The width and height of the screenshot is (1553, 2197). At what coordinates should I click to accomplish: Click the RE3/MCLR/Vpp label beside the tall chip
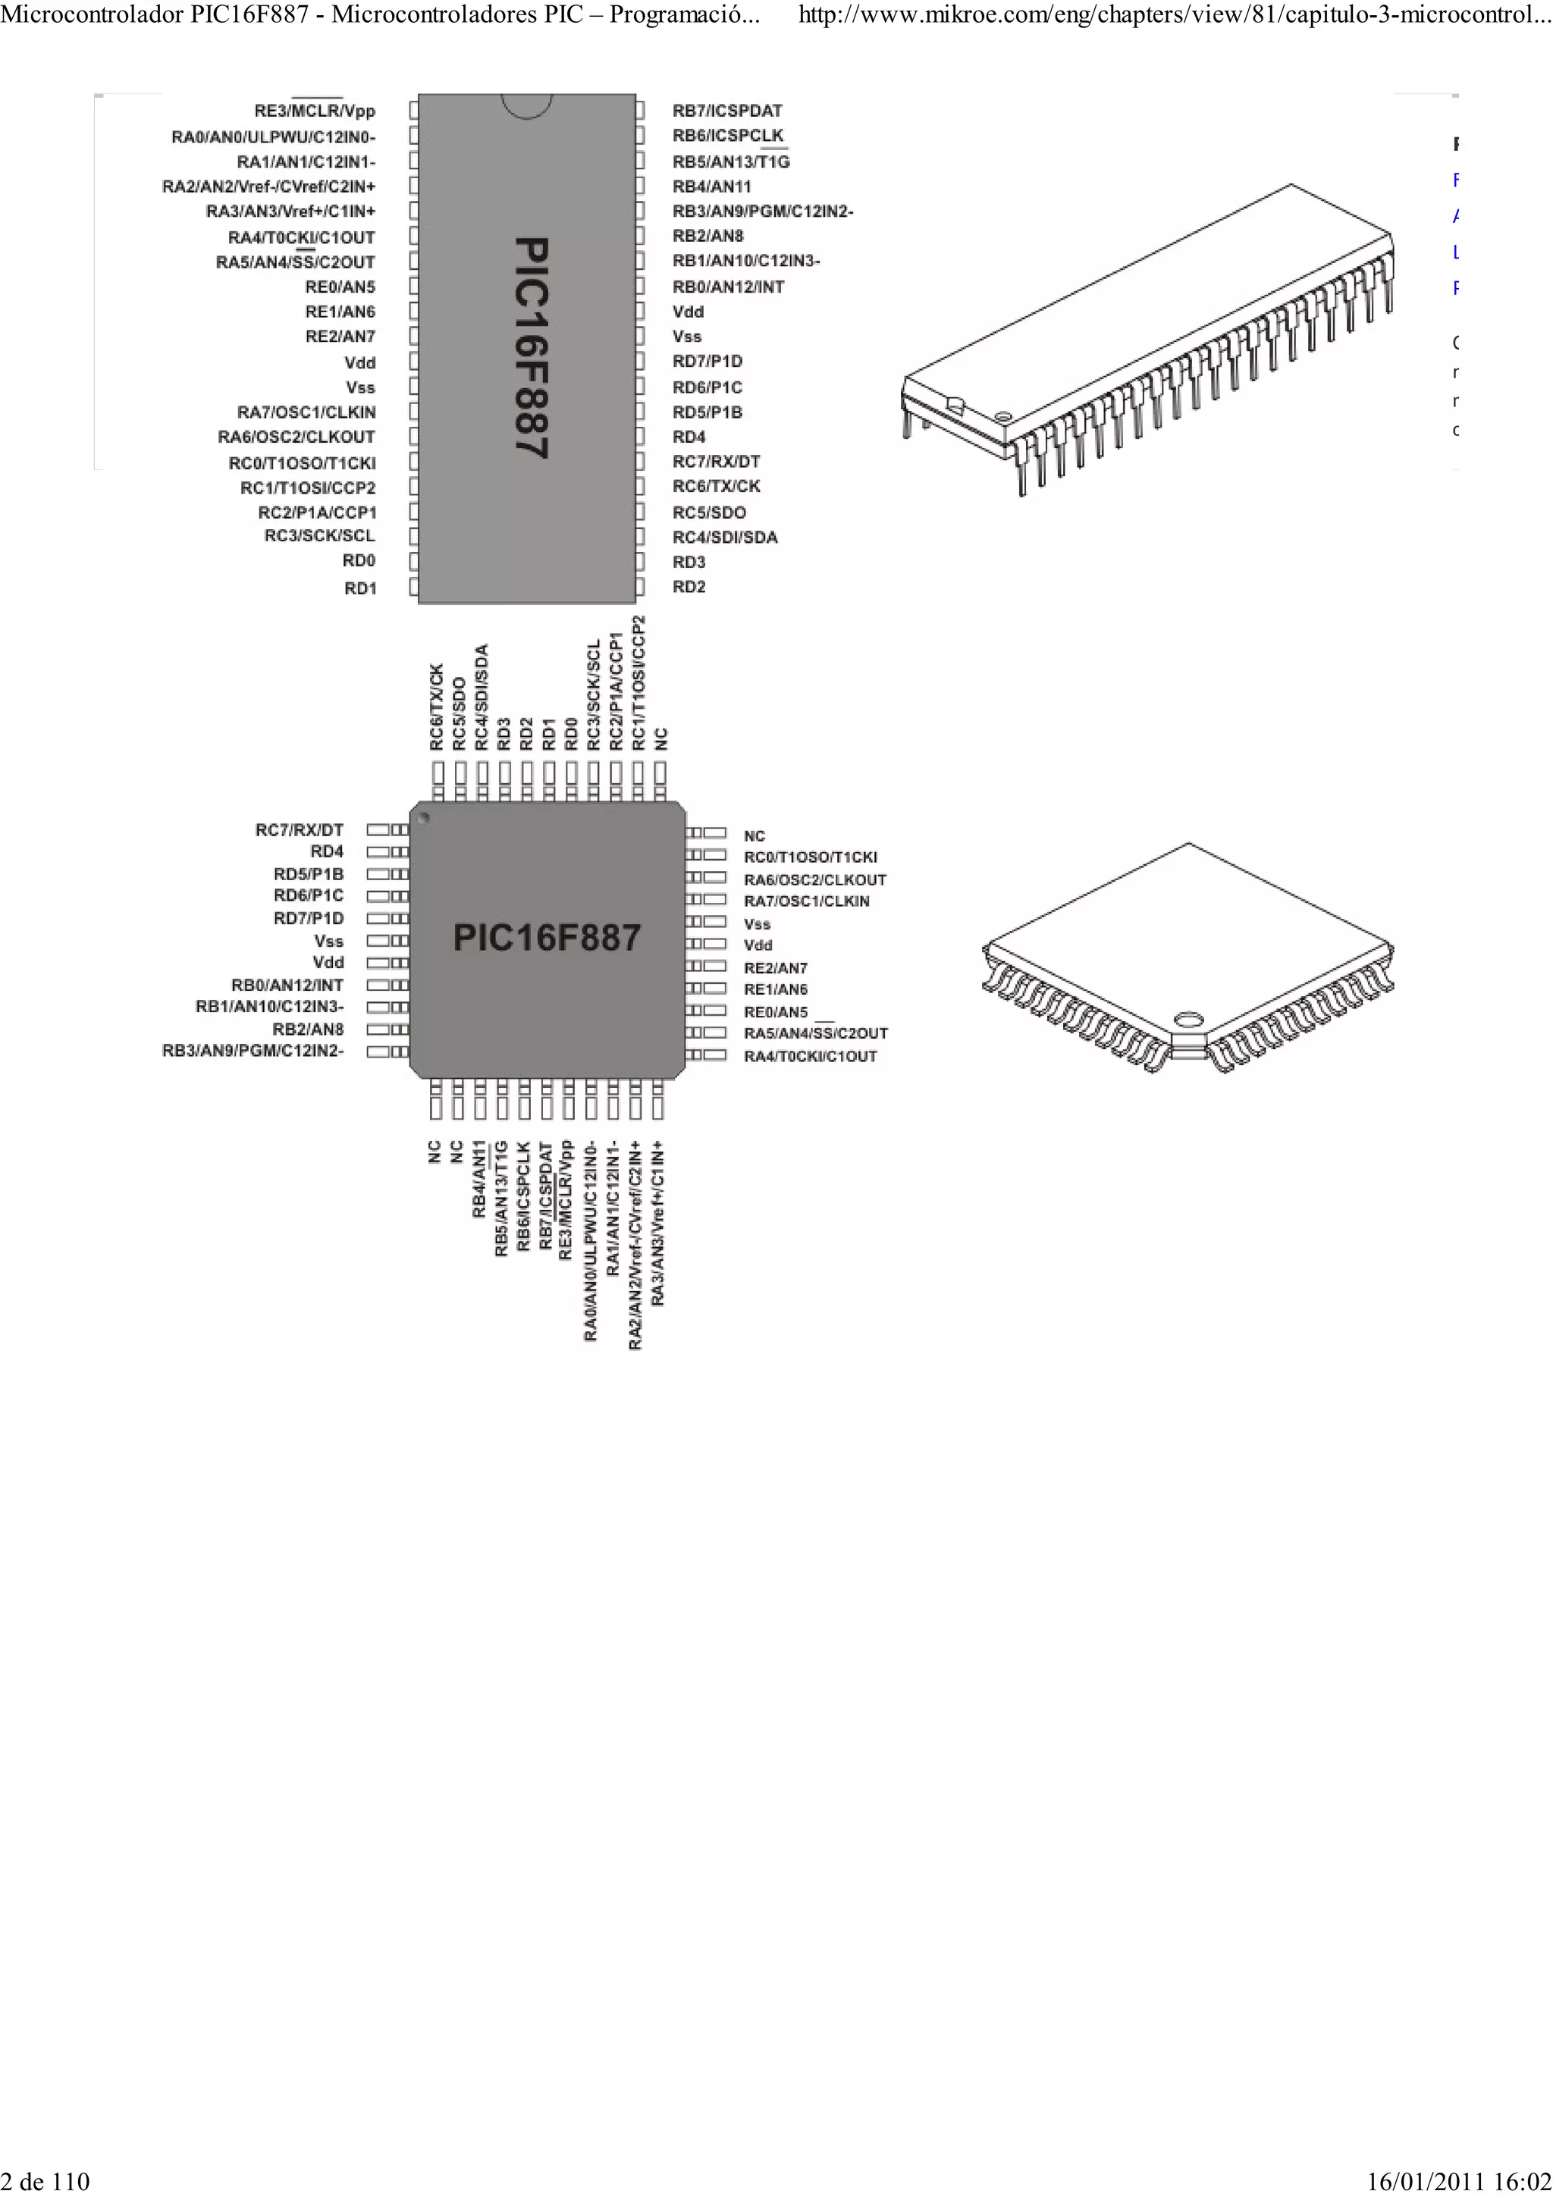[315, 111]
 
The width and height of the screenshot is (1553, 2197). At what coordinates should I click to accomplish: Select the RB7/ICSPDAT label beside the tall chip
[726, 111]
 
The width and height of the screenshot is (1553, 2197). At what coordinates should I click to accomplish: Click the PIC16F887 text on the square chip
[547, 938]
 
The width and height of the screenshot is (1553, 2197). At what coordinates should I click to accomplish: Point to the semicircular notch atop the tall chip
[527, 105]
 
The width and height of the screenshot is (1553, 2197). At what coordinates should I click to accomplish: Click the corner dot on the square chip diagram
[424, 818]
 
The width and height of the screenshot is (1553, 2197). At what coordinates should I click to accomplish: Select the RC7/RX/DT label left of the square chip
[299, 829]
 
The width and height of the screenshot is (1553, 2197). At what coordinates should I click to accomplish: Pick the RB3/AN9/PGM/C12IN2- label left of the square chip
[253, 1051]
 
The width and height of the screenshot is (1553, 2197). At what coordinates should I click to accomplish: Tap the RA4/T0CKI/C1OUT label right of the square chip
[810, 1056]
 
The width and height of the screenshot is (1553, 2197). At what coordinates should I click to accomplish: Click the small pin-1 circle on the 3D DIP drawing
[1002, 416]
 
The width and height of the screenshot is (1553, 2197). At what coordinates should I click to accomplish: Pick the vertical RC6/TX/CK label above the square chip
[436, 707]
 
